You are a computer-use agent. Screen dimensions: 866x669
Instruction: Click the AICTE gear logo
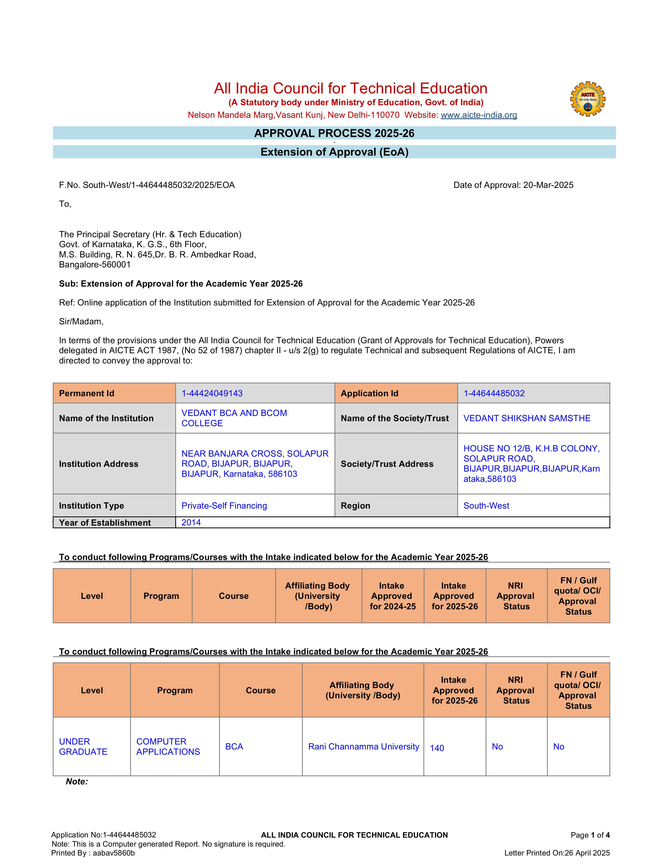pos(587,99)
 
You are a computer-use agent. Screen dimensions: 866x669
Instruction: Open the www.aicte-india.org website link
pos(479,115)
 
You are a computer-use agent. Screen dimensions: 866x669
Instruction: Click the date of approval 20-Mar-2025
pos(548,185)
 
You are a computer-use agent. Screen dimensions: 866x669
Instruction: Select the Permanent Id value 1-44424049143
pos(212,393)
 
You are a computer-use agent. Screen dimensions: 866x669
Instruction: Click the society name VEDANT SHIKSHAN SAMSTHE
pos(527,418)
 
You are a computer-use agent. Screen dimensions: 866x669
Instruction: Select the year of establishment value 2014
pos(191,522)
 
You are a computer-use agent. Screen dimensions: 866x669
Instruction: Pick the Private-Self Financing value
pos(224,506)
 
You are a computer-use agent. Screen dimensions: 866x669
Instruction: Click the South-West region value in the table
pos(486,506)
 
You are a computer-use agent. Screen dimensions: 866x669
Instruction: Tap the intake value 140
pos(437,748)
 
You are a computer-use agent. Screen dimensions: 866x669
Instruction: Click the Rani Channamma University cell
pos(363,747)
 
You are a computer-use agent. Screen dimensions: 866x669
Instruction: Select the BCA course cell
pos(234,747)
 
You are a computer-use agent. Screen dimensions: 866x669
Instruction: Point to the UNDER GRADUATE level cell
pos(83,747)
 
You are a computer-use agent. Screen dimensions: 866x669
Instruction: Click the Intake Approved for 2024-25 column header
pos(392,596)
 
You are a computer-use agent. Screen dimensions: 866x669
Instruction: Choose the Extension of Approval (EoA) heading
pos(334,152)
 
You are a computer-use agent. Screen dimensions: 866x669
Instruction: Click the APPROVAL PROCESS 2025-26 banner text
pos(334,133)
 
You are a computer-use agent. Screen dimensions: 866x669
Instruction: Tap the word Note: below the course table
pos(77,781)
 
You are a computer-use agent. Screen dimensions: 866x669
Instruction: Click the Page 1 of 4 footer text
pos(590,835)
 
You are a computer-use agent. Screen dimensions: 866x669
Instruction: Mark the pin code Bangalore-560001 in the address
pos(95,265)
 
